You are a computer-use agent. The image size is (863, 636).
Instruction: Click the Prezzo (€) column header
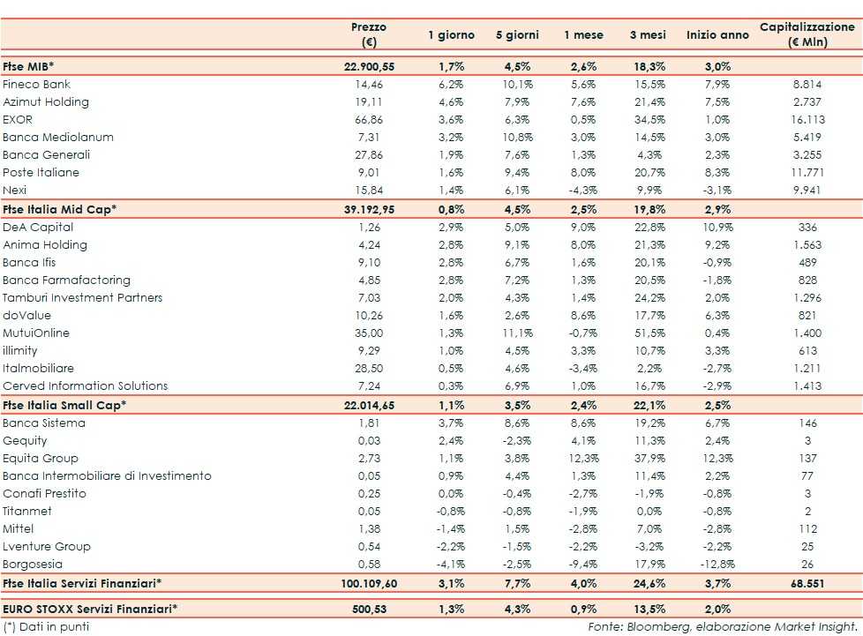pos(368,35)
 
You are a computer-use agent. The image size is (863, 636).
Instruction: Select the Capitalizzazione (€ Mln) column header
pos(807,35)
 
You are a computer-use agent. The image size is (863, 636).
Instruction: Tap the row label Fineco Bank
pos(37,85)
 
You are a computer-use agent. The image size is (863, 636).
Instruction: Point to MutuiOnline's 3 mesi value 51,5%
pos(647,333)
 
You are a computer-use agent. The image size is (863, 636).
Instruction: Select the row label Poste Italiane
pos(41,173)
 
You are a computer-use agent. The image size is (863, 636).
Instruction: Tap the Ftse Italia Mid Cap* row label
pos(60,209)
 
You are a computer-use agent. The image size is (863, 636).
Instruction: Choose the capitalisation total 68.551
pos(808,584)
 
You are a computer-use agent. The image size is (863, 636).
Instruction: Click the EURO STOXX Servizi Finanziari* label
pos(90,608)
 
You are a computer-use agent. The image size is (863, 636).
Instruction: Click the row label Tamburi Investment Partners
pos(83,298)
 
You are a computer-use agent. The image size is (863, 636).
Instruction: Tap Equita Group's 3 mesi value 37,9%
pos(647,459)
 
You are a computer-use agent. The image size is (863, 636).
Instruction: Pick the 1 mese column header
pos(583,35)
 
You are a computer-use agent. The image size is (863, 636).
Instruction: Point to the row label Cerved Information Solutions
pos(86,386)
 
